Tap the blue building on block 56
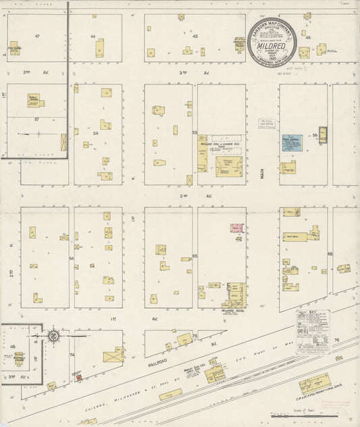(x=291, y=143)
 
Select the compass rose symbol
(x=52, y=335)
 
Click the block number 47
(x=38, y=35)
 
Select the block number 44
(x=93, y=36)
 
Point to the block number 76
(x=336, y=340)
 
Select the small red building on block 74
(x=79, y=378)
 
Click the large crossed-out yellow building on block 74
(x=112, y=356)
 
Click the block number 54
(x=96, y=134)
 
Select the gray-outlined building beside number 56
(x=322, y=134)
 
